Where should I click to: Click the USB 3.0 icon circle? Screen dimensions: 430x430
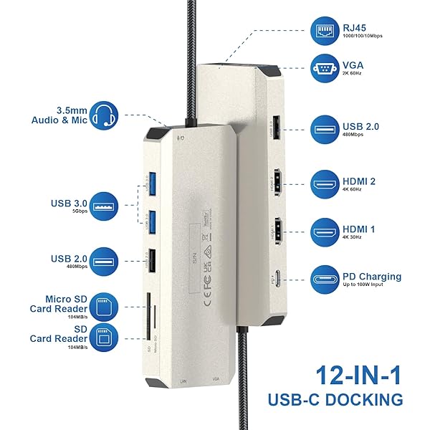[x=105, y=204]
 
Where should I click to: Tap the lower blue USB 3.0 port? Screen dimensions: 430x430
[x=151, y=223]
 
